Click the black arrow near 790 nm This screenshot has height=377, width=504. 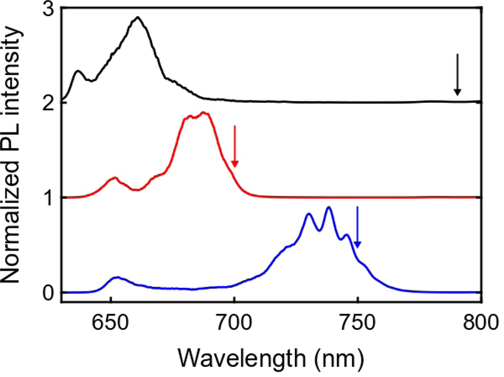tap(457, 75)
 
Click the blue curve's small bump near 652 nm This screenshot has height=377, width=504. tap(117, 277)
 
